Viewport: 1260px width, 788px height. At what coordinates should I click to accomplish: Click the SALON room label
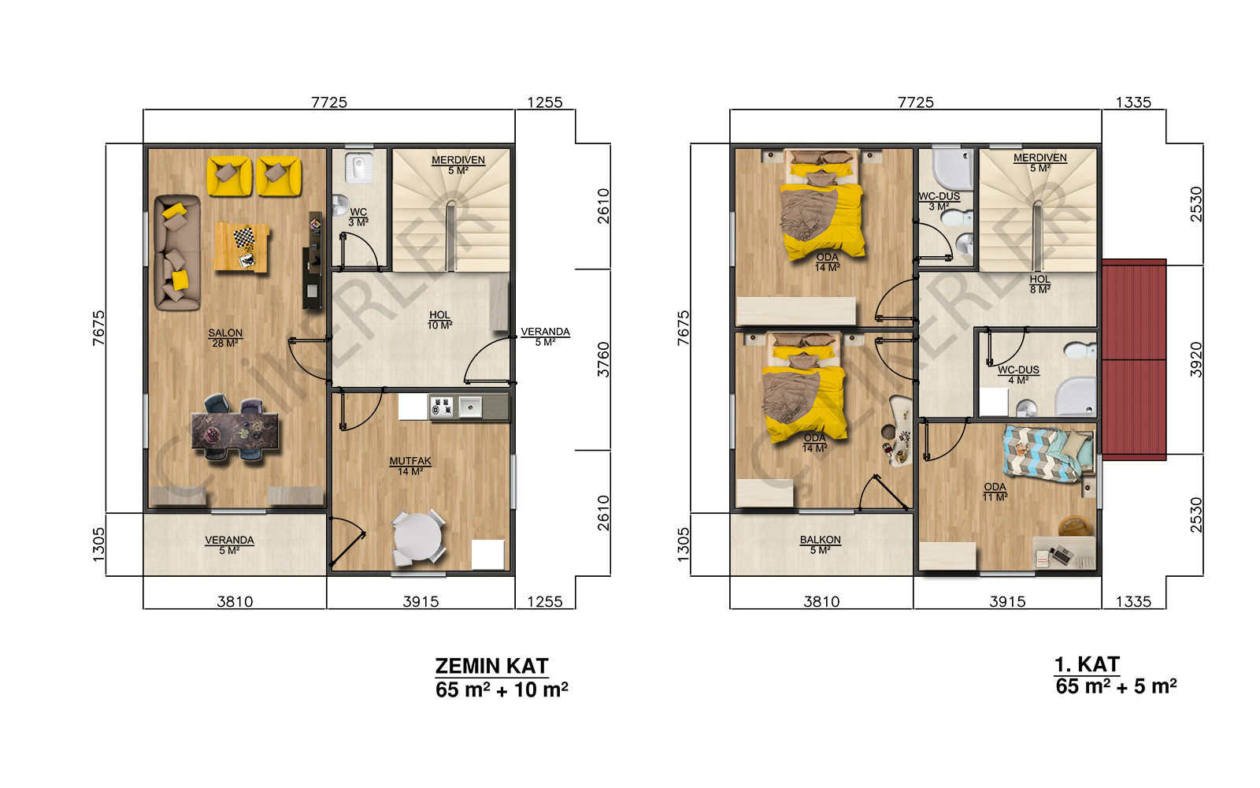(225, 333)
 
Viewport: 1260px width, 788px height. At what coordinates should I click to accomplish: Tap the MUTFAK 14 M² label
(410, 466)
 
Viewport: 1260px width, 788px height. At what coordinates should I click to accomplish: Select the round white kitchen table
(417, 537)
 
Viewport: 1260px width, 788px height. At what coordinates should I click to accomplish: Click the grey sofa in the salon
(177, 253)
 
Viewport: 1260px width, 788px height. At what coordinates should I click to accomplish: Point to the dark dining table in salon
(235, 432)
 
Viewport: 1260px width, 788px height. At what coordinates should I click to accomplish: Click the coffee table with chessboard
(242, 247)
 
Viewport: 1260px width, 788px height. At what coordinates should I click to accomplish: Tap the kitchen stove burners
(442, 407)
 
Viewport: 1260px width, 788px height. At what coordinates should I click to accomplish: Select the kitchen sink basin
(470, 407)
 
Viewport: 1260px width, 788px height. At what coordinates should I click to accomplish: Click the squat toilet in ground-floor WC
(358, 167)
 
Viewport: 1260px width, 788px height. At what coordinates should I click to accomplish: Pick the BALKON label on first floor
(821, 540)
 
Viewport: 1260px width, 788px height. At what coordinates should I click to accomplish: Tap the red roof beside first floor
(1133, 359)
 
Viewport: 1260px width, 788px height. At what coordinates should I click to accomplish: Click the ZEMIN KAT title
(491, 667)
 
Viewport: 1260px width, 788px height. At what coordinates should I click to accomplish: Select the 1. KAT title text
(1087, 665)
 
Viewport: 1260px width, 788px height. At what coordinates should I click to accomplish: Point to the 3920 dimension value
(1196, 359)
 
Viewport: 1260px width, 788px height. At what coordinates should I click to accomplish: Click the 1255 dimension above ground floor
(544, 102)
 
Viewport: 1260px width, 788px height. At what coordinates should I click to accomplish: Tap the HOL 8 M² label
(1040, 284)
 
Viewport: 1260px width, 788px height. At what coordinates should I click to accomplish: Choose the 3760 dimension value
(603, 359)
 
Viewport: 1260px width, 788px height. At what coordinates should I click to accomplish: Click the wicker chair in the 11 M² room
(1074, 526)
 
